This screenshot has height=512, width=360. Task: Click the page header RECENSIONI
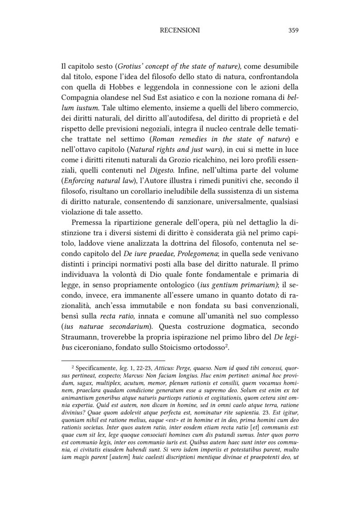[180, 31]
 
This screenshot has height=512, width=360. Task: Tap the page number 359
[293, 31]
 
